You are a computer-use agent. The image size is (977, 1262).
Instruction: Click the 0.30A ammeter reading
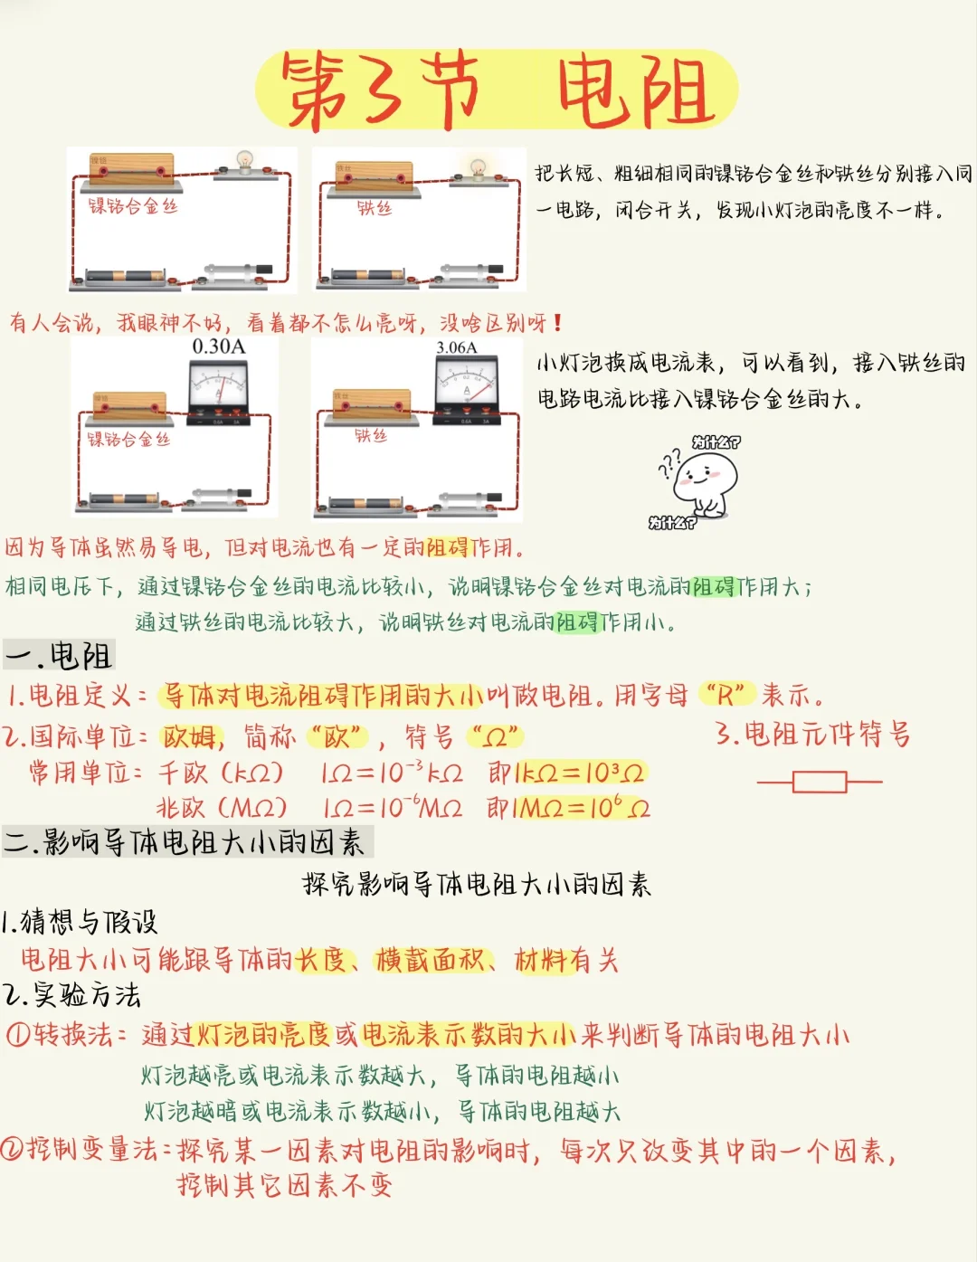218,346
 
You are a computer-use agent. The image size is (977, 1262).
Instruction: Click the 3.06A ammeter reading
456,347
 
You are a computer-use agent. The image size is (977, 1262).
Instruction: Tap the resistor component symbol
820,782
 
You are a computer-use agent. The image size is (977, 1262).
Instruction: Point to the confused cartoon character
705,479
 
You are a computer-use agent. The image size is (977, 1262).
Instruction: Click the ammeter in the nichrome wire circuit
218,389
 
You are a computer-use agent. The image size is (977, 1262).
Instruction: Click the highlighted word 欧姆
192,736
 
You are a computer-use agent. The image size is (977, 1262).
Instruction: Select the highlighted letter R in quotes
726,695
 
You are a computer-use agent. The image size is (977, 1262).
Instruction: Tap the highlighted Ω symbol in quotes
494,737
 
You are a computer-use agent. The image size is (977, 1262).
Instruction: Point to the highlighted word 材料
540,960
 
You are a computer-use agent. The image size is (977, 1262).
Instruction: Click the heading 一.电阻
59,656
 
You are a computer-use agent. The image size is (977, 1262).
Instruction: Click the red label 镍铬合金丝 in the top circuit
133,206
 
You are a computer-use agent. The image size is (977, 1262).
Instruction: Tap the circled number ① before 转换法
18,1034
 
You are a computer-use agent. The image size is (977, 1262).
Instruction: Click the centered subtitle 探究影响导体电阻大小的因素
477,884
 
